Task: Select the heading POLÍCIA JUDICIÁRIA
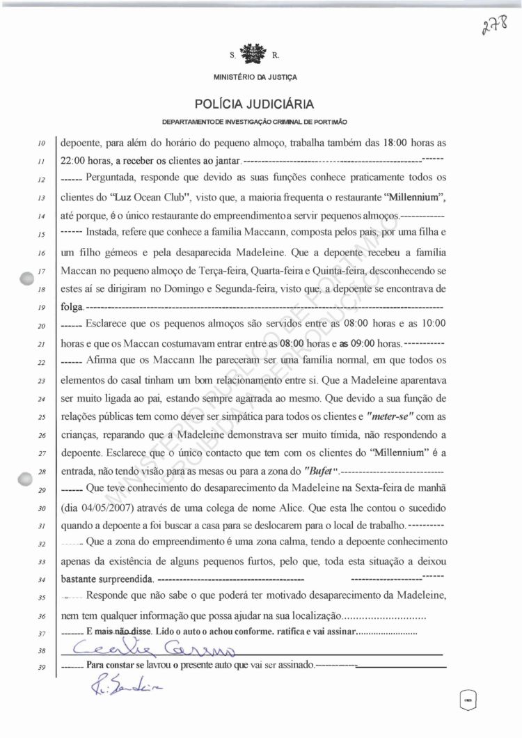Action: click(x=254, y=104)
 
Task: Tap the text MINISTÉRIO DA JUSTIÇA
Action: click(x=253, y=76)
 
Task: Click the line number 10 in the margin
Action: click(x=42, y=143)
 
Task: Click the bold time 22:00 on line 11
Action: click(x=75, y=162)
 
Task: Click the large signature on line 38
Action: click(x=153, y=650)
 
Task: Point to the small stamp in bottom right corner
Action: click(x=468, y=698)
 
